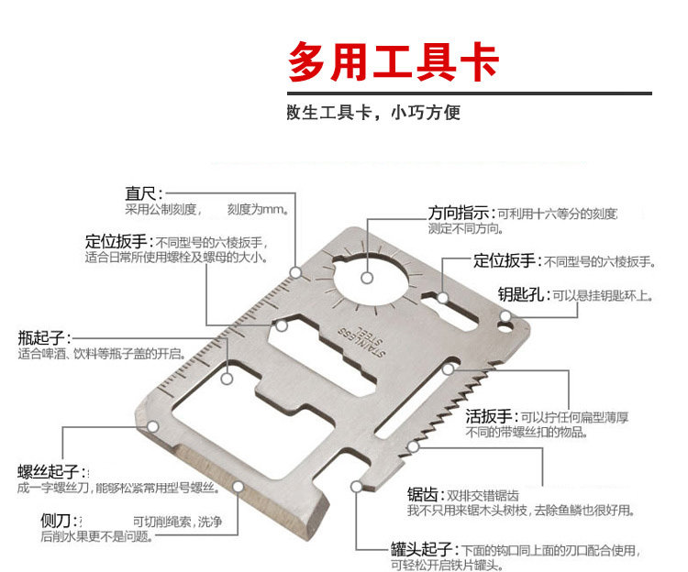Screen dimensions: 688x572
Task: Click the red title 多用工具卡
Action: tap(394, 62)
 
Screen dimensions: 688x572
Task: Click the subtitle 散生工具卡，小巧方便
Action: tap(374, 114)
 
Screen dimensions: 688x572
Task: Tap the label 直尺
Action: tap(143, 193)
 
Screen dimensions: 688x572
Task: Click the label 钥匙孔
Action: tap(523, 295)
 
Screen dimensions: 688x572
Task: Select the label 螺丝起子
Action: tap(48, 472)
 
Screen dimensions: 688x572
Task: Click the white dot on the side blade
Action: tap(238, 487)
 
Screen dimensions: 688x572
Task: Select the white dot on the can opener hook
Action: tap(356, 487)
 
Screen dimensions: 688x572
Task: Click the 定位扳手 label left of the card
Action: tap(117, 242)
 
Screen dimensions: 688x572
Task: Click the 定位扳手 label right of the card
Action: tap(505, 261)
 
